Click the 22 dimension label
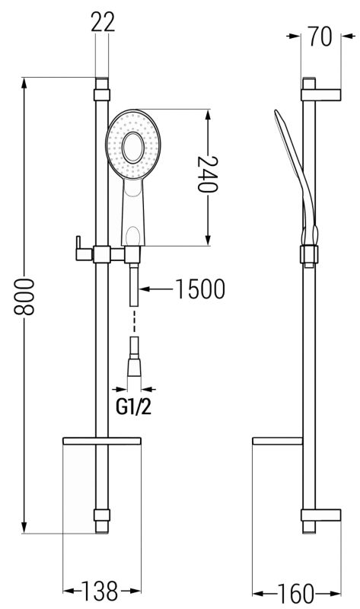[103, 22]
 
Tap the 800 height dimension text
[24, 296]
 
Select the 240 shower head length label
[208, 174]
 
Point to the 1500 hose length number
[200, 289]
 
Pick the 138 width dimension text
[99, 591]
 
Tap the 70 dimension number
[320, 37]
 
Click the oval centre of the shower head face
[133, 147]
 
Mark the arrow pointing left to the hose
[155, 289]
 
